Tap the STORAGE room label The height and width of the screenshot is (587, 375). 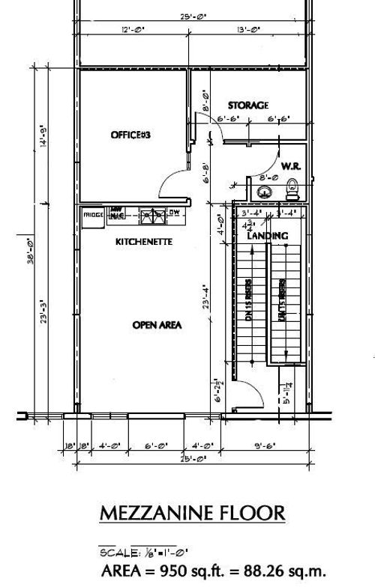(247, 106)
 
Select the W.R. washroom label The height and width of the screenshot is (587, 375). (290, 165)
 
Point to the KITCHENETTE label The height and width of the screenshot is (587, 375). (145, 243)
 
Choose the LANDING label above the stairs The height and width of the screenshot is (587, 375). (268, 236)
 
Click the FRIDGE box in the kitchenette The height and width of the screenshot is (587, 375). (93, 216)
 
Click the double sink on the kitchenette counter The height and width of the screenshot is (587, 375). (154, 216)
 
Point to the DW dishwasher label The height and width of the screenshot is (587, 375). (173, 213)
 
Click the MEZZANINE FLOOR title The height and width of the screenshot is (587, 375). (193, 513)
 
